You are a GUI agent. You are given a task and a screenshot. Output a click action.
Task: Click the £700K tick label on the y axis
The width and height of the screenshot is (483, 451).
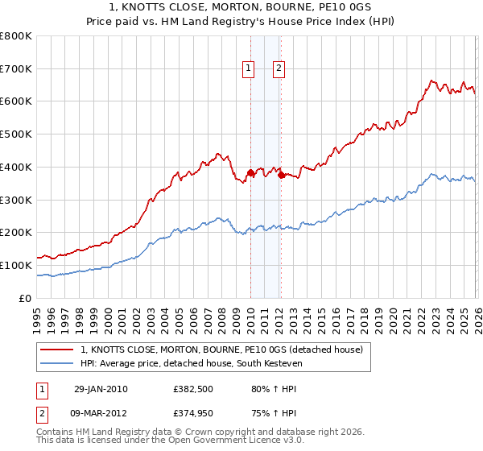(x=16, y=68)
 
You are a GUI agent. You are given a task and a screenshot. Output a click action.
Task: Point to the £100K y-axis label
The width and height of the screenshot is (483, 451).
(x=16, y=265)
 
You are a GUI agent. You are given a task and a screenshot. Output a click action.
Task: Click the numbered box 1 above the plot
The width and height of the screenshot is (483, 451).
(x=250, y=69)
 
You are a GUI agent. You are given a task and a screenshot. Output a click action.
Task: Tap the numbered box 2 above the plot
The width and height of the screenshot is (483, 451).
(x=279, y=69)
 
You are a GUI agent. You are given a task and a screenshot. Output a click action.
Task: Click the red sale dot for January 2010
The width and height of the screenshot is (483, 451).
(x=250, y=172)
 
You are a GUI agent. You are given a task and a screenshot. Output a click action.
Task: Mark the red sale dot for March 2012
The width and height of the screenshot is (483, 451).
(x=281, y=175)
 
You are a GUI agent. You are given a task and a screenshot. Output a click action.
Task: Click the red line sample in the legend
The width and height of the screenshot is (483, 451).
(x=58, y=350)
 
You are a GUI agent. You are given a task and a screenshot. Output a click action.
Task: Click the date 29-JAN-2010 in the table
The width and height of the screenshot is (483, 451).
(x=101, y=389)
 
